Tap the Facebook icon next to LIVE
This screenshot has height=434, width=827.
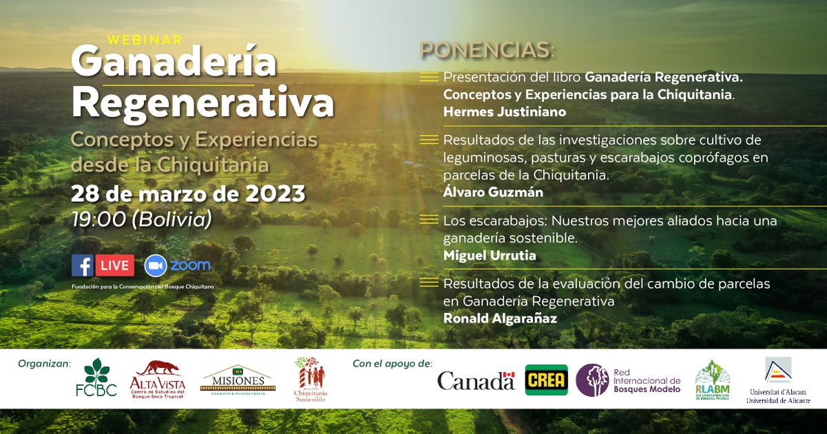[x=82, y=265]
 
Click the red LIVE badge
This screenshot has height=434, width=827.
[x=114, y=265]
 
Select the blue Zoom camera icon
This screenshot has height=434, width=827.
[x=156, y=265]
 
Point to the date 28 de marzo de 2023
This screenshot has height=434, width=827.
[x=188, y=194]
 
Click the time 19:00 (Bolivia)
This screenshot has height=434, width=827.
[x=141, y=219]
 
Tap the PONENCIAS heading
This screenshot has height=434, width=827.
[x=487, y=50]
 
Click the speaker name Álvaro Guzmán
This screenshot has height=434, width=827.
[x=493, y=192]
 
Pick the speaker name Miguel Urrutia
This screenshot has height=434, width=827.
[x=489, y=256]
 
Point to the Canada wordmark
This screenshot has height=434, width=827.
[x=476, y=380]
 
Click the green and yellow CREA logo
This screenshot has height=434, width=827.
[x=546, y=380]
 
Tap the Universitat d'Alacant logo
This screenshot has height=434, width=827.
[x=778, y=380]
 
